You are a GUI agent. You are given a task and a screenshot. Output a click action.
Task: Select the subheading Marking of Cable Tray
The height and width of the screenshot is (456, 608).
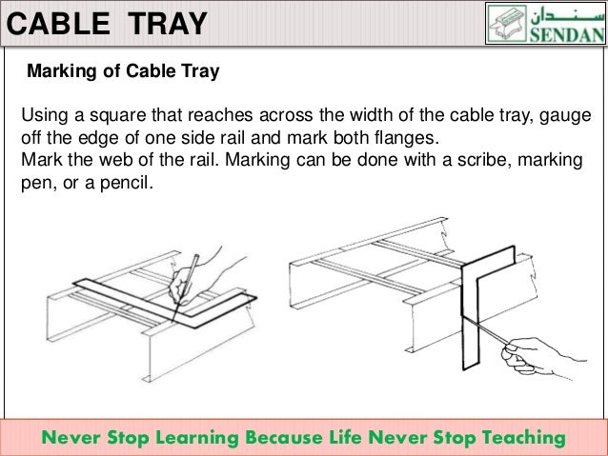click(125, 70)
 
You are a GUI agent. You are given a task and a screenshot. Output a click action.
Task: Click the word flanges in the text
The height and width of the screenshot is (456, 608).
click(397, 137)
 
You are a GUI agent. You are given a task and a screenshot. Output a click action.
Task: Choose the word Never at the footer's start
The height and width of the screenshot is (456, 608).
click(73, 438)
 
